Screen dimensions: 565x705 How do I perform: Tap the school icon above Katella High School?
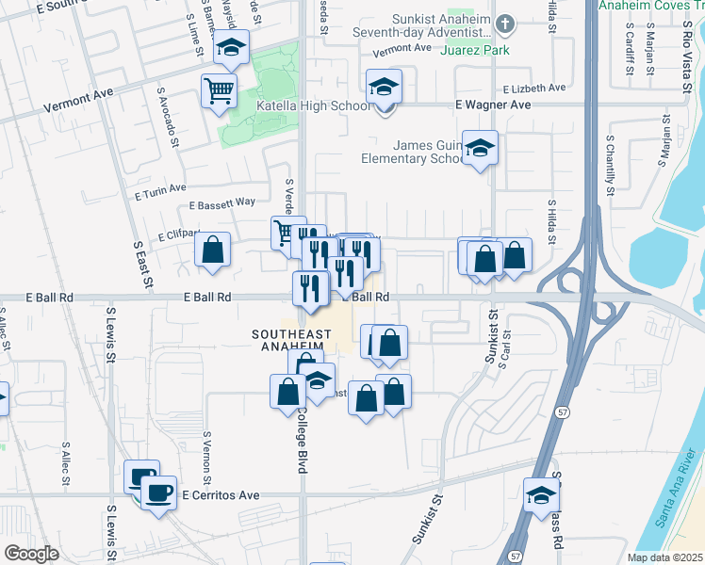[x=384, y=88]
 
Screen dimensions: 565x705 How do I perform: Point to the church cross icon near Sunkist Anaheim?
[x=505, y=23]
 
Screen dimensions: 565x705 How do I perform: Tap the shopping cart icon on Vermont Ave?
[x=219, y=91]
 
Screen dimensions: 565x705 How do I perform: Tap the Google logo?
[x=31, y=554]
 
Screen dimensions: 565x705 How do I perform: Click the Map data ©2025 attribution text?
[x=665, y=557]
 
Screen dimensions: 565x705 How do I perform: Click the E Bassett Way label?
[x=222, y=202]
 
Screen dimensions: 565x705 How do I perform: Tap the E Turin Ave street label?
[x=160, y=192]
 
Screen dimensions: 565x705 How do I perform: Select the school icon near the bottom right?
[x=542, y=495]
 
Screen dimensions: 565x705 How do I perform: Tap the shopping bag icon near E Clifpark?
[x=213, y=250]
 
